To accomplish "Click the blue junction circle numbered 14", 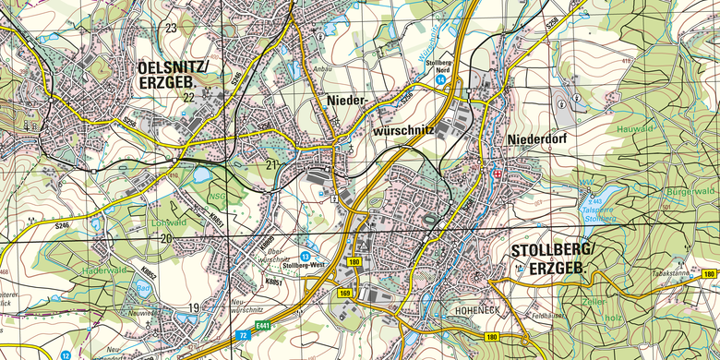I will pyautogui.click(x=441, y=81).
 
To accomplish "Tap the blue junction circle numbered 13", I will pyautogui.click(x=305, y=256).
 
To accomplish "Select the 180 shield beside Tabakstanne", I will pyautogui.click(x=709, y=274).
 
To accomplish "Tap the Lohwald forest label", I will pyautogui.click(x=168, y=222).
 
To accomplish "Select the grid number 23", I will pyautogui.click(x=171, y=28).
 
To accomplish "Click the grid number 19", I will pyautogui.click(x=195, y=307).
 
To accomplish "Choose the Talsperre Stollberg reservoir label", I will pyautogui.click(x=600, y=214).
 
